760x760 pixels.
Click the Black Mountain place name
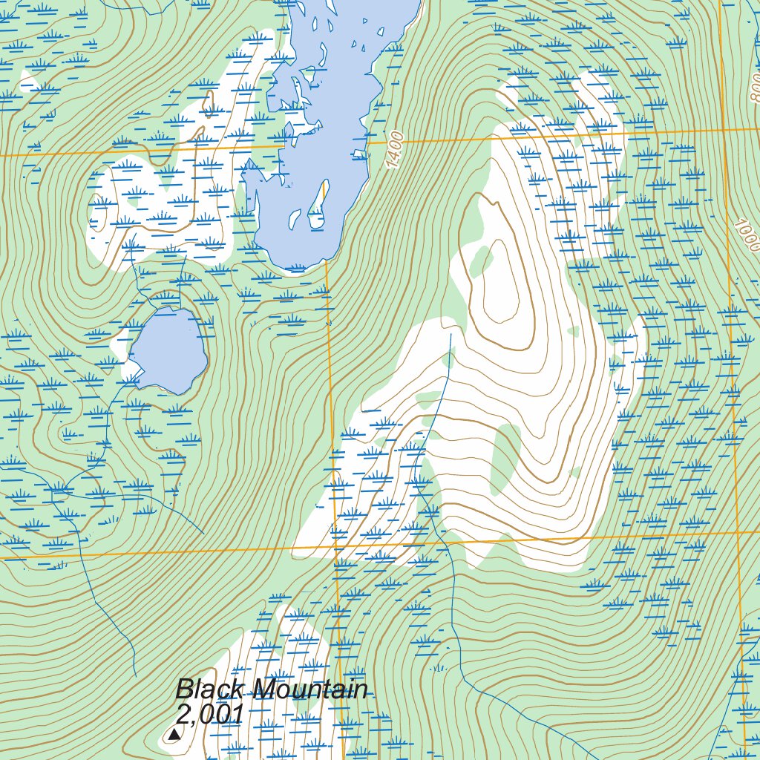[272, 689]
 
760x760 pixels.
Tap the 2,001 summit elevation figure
[210, 714]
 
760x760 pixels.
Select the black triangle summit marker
[174, 735]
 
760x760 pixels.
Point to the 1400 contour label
[395, 148]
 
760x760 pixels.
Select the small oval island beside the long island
[295, 219]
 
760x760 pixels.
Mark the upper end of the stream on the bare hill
[451, 335]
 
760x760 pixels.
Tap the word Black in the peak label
[209, 689]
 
